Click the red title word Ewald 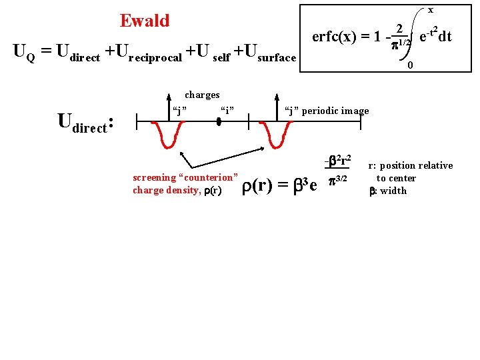[145, 21]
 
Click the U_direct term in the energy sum [79, 53]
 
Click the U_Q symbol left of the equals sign [24, 53]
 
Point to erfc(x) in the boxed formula [338, 37]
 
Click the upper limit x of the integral [430, 10]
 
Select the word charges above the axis [202, 95]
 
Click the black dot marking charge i [219, 121]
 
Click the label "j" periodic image [326, 110]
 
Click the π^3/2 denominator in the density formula [338, 178]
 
